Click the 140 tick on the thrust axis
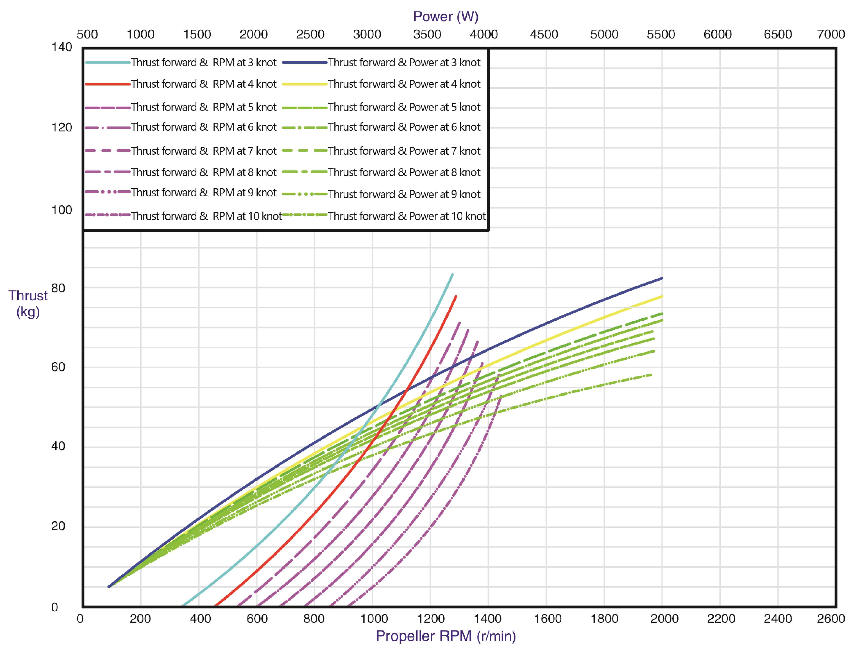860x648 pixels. pos(62,47)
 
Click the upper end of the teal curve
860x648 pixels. pos(452,275)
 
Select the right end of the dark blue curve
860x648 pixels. pos(662,278)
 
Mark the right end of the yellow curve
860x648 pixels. pos(662,296)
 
